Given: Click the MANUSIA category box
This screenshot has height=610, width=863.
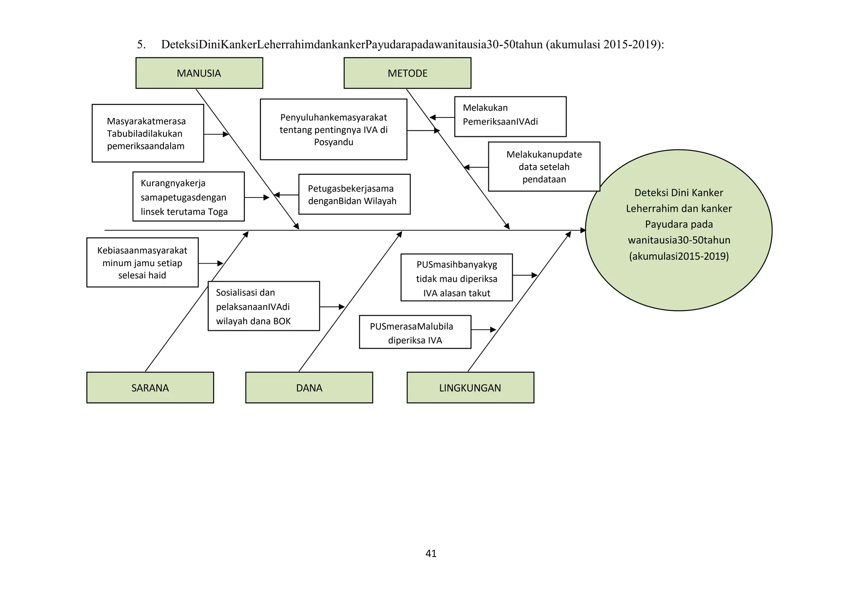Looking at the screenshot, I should click(x=199, y=73).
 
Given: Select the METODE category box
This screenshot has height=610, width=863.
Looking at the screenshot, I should click(x=407, y=73).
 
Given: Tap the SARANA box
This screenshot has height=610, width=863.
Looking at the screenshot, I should click(x=150, y=388).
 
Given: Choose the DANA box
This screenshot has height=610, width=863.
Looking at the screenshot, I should click(x=309, y=388).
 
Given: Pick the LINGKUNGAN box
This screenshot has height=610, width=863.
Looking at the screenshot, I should click(x=470, y=388).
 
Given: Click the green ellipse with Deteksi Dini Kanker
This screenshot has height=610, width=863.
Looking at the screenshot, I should click(x=678, y=230).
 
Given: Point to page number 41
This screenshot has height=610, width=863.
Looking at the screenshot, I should click(x=431, y=554).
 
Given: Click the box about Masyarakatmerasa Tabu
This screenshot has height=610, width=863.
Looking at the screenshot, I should click(x=147, y=133).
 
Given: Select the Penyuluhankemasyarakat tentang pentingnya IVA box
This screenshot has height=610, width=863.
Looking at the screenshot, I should click(x=333, y=130).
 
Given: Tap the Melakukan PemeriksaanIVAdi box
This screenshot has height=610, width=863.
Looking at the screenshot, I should click(x=510, y=117).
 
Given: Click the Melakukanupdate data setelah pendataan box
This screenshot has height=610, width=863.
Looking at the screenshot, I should click(x=544, y=167).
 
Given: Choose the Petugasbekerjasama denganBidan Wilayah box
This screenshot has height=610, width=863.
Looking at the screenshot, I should click(x=354, y=194).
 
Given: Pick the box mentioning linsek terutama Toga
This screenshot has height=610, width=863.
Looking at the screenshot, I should click(x=188, y=197).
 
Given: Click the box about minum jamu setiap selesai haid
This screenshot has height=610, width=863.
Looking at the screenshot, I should click(x=142, y=263).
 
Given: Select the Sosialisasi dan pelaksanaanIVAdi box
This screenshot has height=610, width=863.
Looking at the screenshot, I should click(x=263, y=306).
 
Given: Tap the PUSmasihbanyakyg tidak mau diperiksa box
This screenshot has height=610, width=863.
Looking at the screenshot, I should click(x=456, y=278).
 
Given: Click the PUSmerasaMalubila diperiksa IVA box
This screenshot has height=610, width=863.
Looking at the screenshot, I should click(x=415, y=332).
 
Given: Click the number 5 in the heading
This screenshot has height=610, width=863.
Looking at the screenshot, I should click(x=141, y=45).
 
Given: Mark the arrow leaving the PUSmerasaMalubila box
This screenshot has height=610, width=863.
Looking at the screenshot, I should click(x=483, y=330).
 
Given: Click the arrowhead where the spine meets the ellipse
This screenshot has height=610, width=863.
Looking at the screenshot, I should click(x=583, y=230).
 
